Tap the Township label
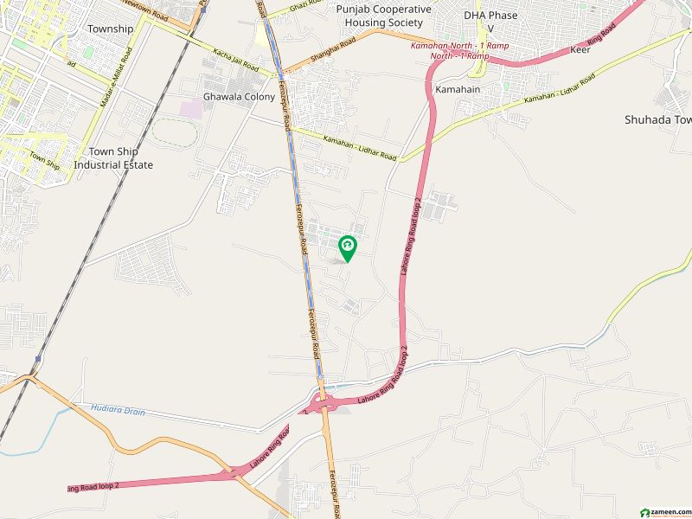click(x=111, y=29)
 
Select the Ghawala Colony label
click(x=239, y=97)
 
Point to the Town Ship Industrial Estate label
click(x=113, y=158)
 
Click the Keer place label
click(x=580, y=50)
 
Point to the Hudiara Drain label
click(x=117, y=407)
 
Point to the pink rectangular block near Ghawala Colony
click(x=189, y=110)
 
